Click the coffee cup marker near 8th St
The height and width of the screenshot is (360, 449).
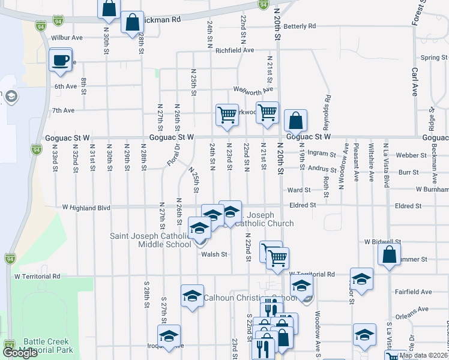coord(61,60)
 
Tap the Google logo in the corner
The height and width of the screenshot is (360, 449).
coord(20,353)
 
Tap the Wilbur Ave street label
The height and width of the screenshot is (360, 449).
coord(67,37)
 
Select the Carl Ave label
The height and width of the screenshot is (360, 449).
coord(415,82)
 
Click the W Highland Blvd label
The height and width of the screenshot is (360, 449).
coord(86,208)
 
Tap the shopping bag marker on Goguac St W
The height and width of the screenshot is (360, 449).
coord(296,121)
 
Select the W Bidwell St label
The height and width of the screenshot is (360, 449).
coord(382,242)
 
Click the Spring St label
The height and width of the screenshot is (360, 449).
coord(433,58)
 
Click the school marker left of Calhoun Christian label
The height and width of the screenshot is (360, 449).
coord(192,296)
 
